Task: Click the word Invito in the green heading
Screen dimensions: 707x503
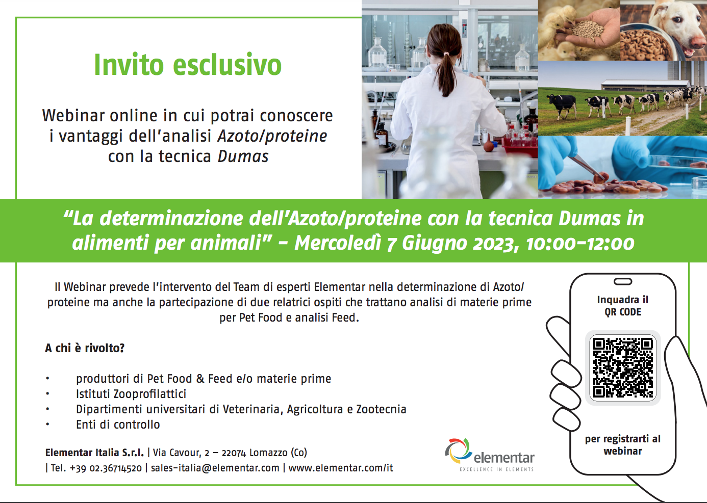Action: click(129, 65)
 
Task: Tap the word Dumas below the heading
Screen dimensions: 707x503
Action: click(243, 156)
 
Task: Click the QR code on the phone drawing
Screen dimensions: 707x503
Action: click(623, 368)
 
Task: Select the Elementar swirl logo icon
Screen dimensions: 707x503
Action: click(459, 451)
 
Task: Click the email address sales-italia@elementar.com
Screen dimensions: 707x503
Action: click(215, 468)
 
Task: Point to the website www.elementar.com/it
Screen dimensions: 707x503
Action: click(341, 468)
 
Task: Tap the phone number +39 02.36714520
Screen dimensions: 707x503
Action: click(106, 468)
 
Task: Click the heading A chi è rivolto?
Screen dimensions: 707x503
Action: click(85, 348)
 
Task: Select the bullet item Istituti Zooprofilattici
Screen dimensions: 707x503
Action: click(131, 394)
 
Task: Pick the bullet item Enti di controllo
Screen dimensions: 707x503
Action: click(118, 425)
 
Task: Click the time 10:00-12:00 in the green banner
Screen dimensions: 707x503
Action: click(580, 244)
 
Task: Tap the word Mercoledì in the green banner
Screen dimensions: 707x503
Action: click(338, 244)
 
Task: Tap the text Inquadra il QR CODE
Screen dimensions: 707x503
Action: click(623, 306)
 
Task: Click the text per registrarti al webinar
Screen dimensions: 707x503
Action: click(623, 445)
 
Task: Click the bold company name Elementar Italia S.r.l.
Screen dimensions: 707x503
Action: click(94, 453)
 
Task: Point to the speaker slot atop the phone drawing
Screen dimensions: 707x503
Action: click(623, 282)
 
